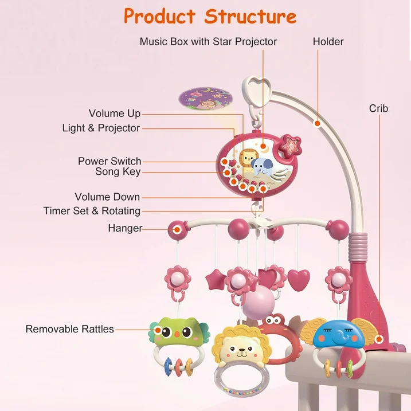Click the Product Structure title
point(210,16)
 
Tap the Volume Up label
point(115,113)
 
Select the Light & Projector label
point(101,128)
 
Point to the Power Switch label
point(109,161)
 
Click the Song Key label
point(118,171)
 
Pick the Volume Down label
point(107,197)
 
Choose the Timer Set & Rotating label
point(92,211)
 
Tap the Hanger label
point(125,228)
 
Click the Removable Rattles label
point(69,329)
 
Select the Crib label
point(378,108)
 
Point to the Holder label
point(328,41)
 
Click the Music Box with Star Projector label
point(208,41)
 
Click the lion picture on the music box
point(246,161)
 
